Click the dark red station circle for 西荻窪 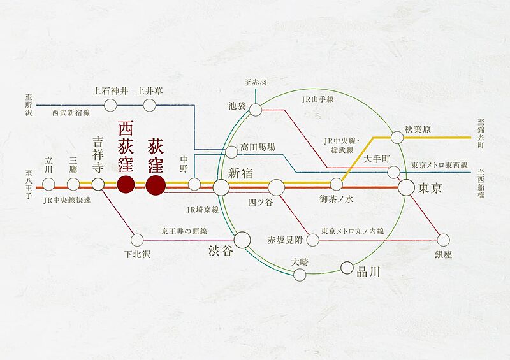coord(126,185)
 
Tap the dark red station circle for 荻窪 coord(156,185)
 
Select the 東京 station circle coord(406,187)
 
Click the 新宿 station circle coord(221,187)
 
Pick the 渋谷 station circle coord(242,240)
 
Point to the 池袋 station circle coord(256,110)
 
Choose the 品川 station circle coord(347,268)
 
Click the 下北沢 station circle coord(137,240)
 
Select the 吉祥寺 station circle coord(98,185)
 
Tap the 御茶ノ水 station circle coord(336,185)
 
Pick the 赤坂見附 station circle coord(312,240)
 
